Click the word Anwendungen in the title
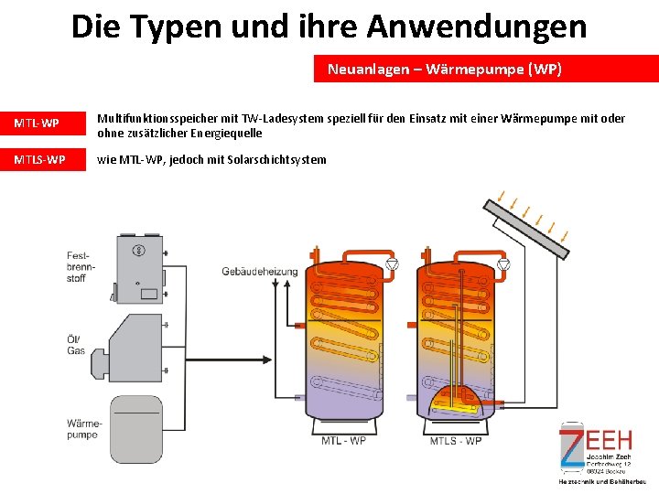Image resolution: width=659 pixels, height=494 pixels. pos(477,26)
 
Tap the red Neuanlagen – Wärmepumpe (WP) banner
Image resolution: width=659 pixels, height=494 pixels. pos(485,70)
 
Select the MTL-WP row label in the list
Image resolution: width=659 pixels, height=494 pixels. pos(38,123)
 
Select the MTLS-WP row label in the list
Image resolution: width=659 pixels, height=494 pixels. pos(39,160)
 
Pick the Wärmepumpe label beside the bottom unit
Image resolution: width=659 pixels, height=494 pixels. pos(82,429)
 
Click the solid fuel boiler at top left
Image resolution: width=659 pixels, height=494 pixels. pos(138,266)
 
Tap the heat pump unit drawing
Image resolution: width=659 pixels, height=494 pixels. pos(136,428)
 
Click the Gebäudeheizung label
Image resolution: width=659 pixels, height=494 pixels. pos(260,271)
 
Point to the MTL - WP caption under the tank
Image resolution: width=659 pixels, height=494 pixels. pos(344,441)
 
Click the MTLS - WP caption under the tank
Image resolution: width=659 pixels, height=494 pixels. pos(456,441)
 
